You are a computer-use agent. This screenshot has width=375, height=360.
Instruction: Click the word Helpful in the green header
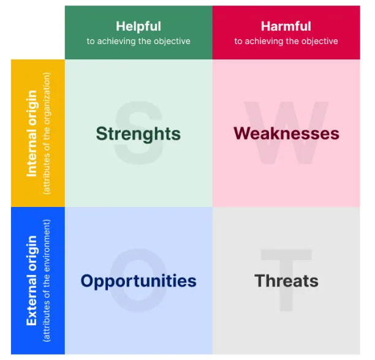pos(138,26)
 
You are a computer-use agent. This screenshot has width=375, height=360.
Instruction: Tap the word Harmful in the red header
pos(286,26)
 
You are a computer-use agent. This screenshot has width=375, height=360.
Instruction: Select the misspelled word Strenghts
pos(138,134)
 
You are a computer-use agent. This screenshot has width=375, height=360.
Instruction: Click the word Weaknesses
pos(286,133)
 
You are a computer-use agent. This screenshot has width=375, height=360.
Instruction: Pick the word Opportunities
pos(138,281)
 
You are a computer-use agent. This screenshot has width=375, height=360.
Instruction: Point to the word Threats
pos(286,280)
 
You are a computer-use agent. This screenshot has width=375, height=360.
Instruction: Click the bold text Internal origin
pos(32,133)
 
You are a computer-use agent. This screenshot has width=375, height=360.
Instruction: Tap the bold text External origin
pos(32,280)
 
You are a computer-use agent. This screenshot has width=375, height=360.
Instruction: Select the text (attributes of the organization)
pos(47,133)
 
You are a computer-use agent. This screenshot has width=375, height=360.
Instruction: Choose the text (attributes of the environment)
pos(47,280)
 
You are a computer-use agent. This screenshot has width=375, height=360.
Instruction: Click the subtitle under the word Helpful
pos(138,42)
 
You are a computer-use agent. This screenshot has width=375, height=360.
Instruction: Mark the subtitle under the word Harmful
pos(286,42)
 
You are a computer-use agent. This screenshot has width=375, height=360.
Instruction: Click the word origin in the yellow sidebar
pos(32,107)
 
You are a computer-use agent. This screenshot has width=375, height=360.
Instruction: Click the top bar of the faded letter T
pos(286,255)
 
